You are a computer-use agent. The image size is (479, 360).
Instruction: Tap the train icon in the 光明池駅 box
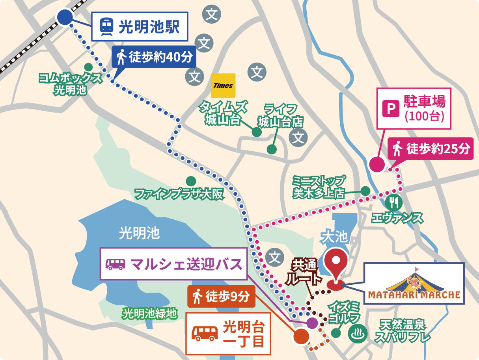[106, 26]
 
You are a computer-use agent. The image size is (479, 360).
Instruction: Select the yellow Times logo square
[223, 85]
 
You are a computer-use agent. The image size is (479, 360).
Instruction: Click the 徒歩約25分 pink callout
[431, 148]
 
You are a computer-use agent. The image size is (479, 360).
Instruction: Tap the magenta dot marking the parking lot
[376, 164]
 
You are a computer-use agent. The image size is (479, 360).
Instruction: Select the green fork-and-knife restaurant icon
[393, 202]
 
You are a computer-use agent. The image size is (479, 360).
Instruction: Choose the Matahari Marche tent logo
[414, 284]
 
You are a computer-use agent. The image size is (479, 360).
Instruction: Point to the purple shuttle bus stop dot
[312, 323]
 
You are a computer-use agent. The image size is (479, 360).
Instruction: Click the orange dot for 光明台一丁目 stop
[301, 337]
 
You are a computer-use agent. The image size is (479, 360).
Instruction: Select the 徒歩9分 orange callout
[221, 297]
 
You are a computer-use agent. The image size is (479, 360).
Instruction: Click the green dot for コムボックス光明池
[88, 67]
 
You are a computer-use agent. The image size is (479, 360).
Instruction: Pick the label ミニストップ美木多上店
[319, 187]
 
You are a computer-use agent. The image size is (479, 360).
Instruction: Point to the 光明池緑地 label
[149, 314]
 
